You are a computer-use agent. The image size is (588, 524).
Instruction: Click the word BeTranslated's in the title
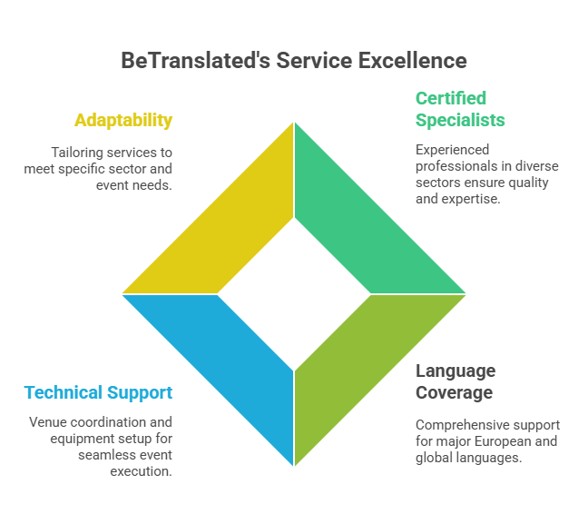[195, 60]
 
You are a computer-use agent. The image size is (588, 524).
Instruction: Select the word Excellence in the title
[413, 60]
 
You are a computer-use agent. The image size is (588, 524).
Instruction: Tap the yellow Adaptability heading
[123, 121]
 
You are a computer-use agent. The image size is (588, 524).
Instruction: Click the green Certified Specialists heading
[460, 109]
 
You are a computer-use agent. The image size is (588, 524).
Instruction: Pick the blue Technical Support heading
[98, 393]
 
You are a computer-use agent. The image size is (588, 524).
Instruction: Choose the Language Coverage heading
[456, 381]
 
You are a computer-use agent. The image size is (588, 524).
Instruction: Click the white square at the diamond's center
[294, 294]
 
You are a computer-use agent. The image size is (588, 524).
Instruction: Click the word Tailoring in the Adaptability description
[77, 153]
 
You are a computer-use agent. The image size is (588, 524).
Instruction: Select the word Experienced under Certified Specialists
[452, 150]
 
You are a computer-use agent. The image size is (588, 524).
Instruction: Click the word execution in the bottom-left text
[141, 471]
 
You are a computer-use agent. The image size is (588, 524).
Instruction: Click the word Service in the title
[314, 60]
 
